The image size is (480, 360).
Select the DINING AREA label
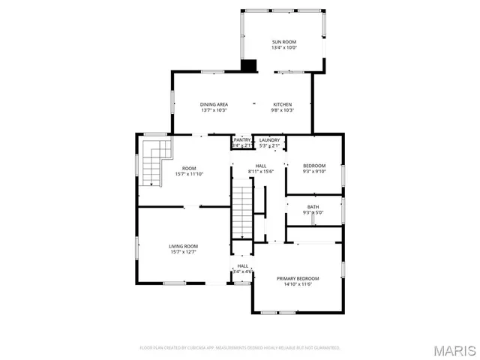(214, 104)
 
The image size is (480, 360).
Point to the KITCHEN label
(282, 104)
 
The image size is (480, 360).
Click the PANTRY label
(242, 139)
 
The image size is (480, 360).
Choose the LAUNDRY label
(269, 139)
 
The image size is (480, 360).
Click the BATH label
(313, 207)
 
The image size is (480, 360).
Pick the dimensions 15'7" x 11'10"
(189, 174)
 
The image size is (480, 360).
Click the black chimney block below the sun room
(248, 66)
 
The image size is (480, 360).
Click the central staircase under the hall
(242, 212)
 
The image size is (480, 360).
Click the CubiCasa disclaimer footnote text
(240, 348)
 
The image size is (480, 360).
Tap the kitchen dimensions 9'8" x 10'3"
(282, 110)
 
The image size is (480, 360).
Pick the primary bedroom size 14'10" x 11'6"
(298, 284)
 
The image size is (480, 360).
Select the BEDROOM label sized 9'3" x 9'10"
(314, 166)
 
